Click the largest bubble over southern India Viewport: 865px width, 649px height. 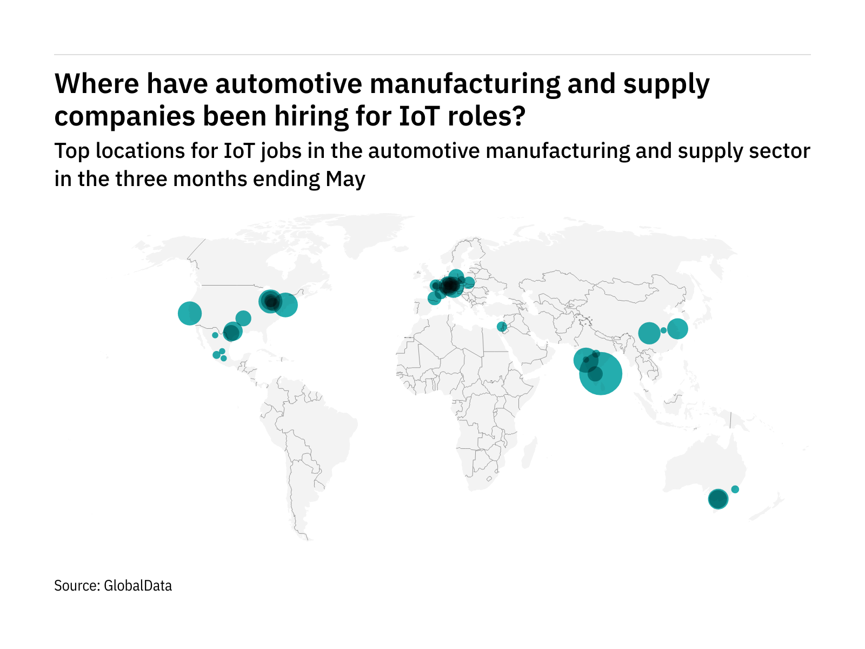click(x=601, y=373)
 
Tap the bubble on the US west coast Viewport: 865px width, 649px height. click(x=190, y=313)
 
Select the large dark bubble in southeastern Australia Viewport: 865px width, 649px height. click(x=718, y=499)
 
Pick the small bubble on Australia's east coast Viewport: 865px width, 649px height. click(x=735, y=489)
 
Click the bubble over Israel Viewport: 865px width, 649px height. click(x=502, y=327)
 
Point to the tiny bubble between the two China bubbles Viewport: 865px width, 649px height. click(x=663, y=330)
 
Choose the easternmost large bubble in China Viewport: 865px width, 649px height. click(x=677, y=328)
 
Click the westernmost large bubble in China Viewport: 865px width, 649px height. click(x=649, y=333)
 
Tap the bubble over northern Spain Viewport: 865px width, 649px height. click(x=434, y=298)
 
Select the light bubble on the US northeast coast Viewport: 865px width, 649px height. click(x=286, y=305)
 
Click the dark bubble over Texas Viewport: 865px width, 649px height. click(x=231, y=333)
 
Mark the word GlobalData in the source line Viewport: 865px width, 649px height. click(x=137, y=586)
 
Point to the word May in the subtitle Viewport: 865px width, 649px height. click(x=345, y=179)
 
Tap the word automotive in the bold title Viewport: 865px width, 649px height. click(x=272, y=84)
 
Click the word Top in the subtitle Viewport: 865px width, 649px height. click(x=72, y=151)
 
